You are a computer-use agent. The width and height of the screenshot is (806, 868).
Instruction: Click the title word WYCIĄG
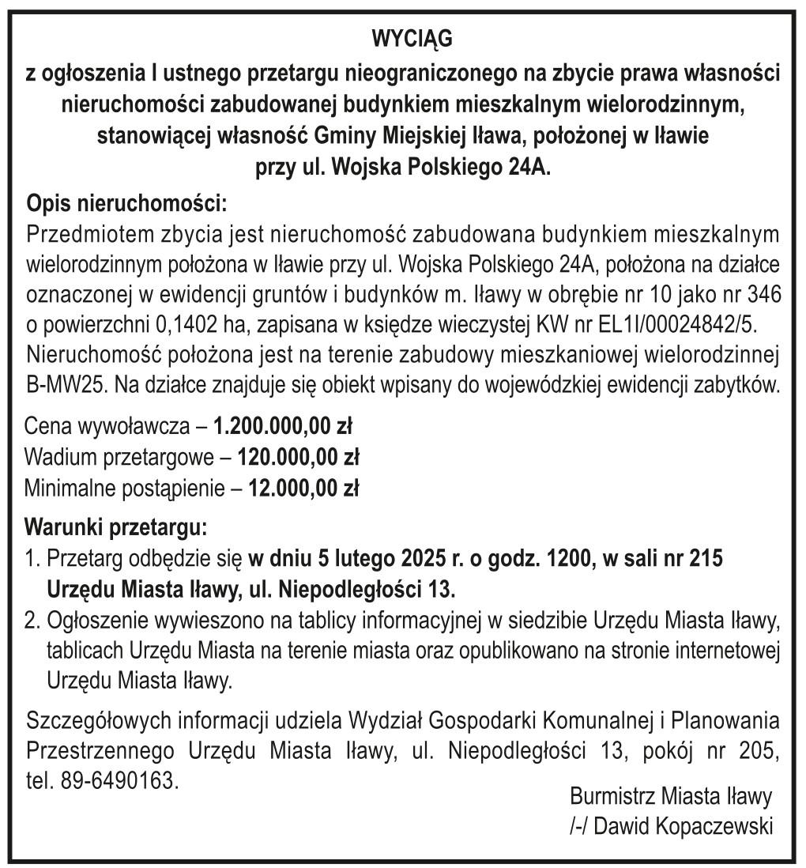(403, 39)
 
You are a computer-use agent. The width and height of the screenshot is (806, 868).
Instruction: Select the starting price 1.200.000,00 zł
(283, 428)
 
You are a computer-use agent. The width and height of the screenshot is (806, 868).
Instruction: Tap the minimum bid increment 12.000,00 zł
(303, 489)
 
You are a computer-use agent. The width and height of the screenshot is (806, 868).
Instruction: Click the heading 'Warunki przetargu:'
(117, 526)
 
